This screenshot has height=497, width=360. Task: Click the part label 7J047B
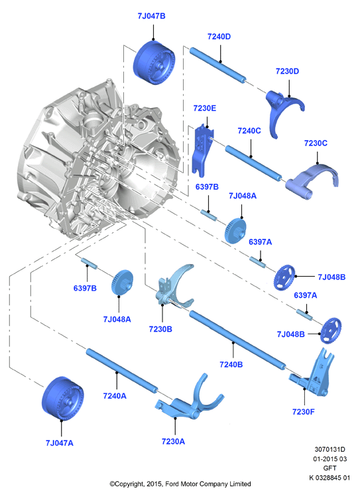click(151, 16)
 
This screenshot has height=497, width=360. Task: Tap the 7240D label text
click(219, 36)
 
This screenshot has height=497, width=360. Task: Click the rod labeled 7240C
click(254, 163)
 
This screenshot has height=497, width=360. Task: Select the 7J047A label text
click(60, 443)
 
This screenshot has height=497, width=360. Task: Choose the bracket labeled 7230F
click(314, 376)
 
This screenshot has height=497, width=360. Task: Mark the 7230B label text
click(160, 329)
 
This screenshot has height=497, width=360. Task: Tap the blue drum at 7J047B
click(154, 63)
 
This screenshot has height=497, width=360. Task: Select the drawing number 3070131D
click(330, 449)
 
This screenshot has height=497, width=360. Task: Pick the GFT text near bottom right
click(330, 468)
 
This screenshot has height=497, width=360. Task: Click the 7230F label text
click(304, 412)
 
